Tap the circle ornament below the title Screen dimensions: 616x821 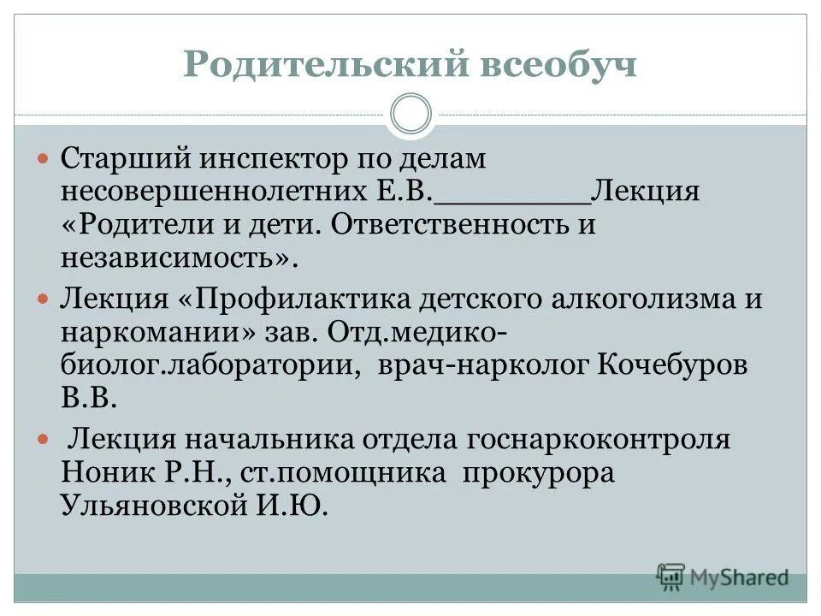(x=410, y=115)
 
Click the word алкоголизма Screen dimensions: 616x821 (x=631, y=299)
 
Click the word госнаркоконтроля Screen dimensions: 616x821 (x=600, y=440)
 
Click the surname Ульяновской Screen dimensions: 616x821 (x=151, y=505)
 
